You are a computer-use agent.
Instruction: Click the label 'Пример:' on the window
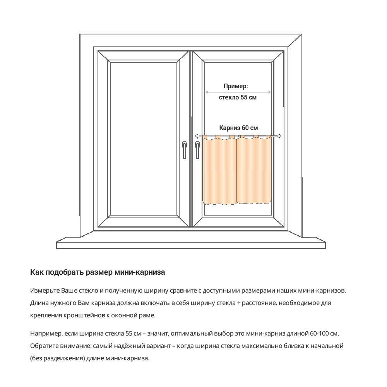pyautogui.click(x=236, y=86)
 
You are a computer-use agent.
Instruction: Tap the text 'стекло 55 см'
pyautogui.click(x=238, y=98)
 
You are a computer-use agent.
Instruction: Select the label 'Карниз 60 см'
pyautogui.click(x=238, y=128)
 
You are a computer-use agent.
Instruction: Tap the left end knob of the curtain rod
pyautogui.click(x=198, y=136)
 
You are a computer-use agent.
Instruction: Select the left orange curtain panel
pyautogui.click(x=219, y=170)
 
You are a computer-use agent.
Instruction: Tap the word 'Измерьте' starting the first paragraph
pyautogui.click(x=45, y=290)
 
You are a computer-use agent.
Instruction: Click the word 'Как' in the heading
pyautogui.click(x=37, y=272)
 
